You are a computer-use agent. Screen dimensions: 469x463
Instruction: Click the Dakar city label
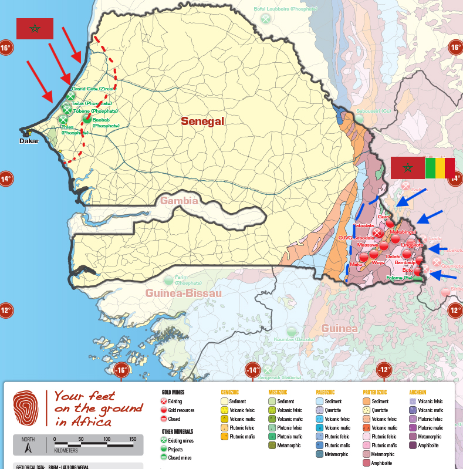(x=28, y=141)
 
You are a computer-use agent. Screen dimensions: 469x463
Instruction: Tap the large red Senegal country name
(x=203, y=122)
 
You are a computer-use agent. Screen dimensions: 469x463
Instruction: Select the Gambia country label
(x=180, y=201)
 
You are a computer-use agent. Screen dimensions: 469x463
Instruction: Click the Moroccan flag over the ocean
(x=35, y=29)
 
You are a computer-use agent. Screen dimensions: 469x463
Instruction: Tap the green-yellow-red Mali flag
(x=440, y=167)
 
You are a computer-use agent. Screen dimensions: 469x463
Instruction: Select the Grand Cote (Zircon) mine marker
(x=71, y=96)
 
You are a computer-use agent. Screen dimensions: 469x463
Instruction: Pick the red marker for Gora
(x=390, y=223)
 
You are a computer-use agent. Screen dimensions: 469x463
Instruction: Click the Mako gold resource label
(x=356, y=265)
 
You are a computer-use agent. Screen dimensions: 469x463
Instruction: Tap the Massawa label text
(x=367, y=245)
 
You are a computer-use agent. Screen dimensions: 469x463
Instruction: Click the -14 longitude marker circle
(x=252, y=370)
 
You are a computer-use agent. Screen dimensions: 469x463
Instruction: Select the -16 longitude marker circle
(x=121, y=370)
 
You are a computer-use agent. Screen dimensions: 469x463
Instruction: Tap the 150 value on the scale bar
(x=132, y=439)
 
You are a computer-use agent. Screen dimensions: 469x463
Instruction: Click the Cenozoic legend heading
(x=229, y=392)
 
